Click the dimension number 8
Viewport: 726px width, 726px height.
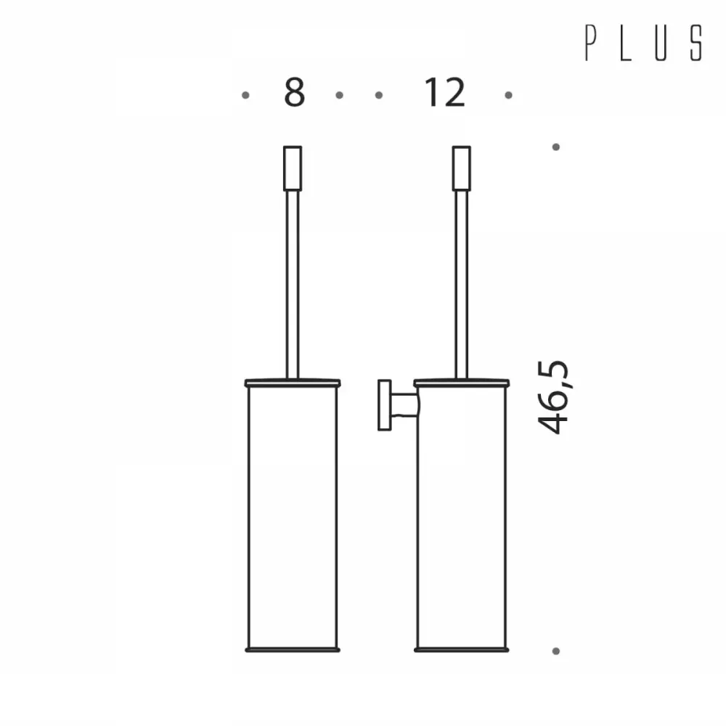(x=295, y=92)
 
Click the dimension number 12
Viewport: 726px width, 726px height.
(x=444, y=92)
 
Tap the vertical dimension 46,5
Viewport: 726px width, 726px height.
(x=552, y=397)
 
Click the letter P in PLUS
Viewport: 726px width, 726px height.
(x=590, y=43)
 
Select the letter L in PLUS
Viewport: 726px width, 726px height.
(x=626, y=43)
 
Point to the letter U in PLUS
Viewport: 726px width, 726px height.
(x=661, y=43)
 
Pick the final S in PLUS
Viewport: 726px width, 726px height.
(x=696, y=43)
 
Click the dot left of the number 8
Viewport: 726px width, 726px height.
(x=245, y=95)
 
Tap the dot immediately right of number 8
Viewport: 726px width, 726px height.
(x=339, y=95)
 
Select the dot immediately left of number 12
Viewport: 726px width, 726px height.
(x=379, y=95)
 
